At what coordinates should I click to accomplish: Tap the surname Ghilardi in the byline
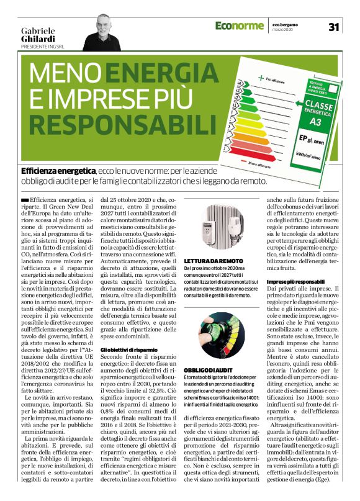(38, 38)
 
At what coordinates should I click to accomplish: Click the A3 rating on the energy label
(315, 123)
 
